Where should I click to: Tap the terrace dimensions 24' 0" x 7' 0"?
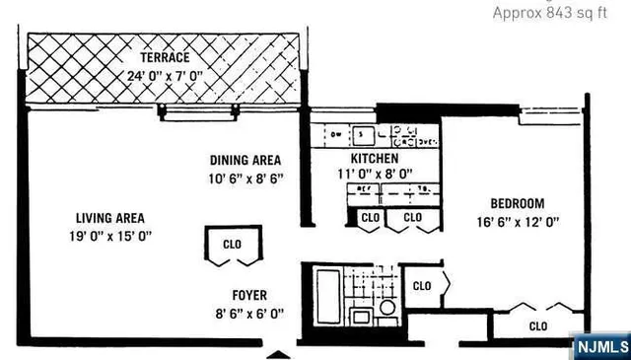pos(162,75)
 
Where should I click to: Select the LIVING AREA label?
pos(110,218)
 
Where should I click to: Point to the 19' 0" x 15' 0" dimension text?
pos(110,236)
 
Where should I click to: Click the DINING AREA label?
pos(245,160)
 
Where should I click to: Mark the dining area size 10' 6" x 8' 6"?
pos(245,179)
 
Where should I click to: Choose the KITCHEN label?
pos(375,158)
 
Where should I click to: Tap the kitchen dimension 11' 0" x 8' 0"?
pos(375,174)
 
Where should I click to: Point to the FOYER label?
pos(248,295)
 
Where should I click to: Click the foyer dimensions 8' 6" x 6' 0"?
pos(248,314)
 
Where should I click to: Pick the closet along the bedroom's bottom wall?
pos(538,324)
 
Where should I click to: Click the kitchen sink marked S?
pos(362,133)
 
